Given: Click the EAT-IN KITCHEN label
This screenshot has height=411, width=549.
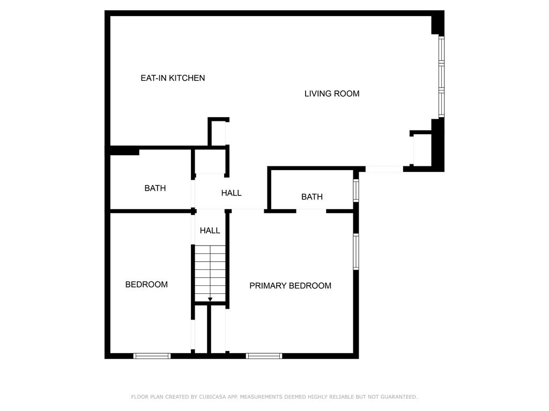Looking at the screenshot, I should click(173, 78).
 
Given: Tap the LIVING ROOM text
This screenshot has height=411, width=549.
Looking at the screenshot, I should click(332, 94).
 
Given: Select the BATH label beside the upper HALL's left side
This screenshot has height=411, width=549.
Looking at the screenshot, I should click(155, 188).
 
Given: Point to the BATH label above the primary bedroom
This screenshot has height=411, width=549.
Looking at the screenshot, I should click(312, 197).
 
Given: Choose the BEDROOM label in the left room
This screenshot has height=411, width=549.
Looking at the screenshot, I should click(146, 285).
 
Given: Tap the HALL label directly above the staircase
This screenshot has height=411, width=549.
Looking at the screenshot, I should click(210, 231).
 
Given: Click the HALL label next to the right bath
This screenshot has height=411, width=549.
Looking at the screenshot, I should click(232, 193).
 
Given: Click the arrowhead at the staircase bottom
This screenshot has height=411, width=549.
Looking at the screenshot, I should click(210, 299).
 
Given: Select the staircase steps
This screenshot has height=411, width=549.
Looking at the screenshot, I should click(210, 270).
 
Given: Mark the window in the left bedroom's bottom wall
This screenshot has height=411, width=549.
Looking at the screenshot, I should click(152, 356).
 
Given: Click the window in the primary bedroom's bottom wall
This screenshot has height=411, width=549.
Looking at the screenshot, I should click(264, 356).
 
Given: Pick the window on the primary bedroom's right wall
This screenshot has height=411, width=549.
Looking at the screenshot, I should click(356, 252).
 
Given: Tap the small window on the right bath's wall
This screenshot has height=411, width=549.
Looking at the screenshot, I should click(356, 191).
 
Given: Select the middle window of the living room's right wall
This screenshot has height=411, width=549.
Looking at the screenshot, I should click(441, 77).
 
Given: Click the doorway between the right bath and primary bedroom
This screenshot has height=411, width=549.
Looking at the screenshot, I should click(311, 211).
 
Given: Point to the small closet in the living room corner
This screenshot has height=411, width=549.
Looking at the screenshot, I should click(422, 150).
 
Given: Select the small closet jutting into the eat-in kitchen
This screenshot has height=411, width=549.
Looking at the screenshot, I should click(218, 133).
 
